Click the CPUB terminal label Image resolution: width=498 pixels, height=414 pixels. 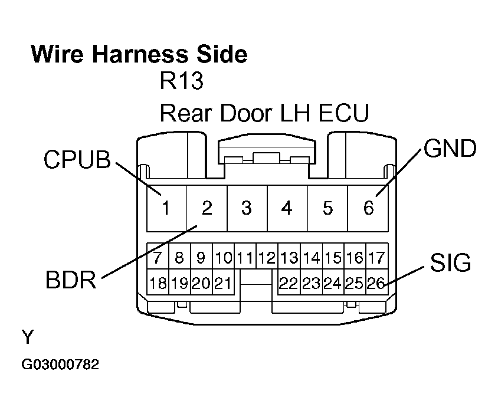pyautogui.click(x=77, y=160)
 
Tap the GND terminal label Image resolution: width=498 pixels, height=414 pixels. pyautogui.click(x=450, y=149)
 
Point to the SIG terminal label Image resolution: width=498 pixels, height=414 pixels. pyautogui.click(x=450, y=263)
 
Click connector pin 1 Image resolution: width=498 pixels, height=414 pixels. pyautogui.click(x=166, y=208)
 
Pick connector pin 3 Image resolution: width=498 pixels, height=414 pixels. pyautogui.click(x=247, y=208)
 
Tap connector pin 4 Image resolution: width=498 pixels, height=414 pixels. pyautogui.click(x=287, y=208)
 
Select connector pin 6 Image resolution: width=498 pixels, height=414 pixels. pyautogui.click(x=368, y=208)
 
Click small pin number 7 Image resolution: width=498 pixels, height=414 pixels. pyautogui.click(x=158, y=258)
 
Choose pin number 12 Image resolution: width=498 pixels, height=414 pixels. pyautogui.click(x=267, y=258)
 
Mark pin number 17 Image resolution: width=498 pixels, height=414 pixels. pyautogui.click(x=376, y=258)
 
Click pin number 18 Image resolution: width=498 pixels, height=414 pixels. pyautogui.click(x=158, y=284)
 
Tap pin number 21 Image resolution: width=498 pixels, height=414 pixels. pyautogui.click(x=222, y=284)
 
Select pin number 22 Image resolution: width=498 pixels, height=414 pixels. pyautogui.click(x=288, y=284)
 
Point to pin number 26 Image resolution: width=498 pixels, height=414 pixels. pyautogui.click(x=376, y=284)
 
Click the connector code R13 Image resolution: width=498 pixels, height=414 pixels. pyautogui.click(x=182, y=81)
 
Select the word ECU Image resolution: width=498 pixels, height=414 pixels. pyautogui.click(x=344, y=112)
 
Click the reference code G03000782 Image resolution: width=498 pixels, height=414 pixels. pyautogui.click(x=60, y=365)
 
